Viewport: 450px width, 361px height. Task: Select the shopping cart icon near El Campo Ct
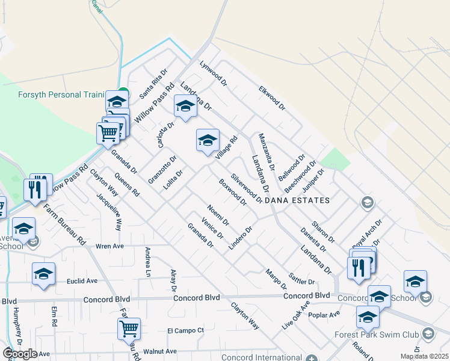(129, 329)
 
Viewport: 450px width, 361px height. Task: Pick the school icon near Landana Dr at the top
(185, 106)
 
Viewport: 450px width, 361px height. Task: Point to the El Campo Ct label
(186, 330)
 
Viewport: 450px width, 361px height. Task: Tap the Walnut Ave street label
(159, 351)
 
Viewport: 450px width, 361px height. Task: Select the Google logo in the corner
(20, 354)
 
